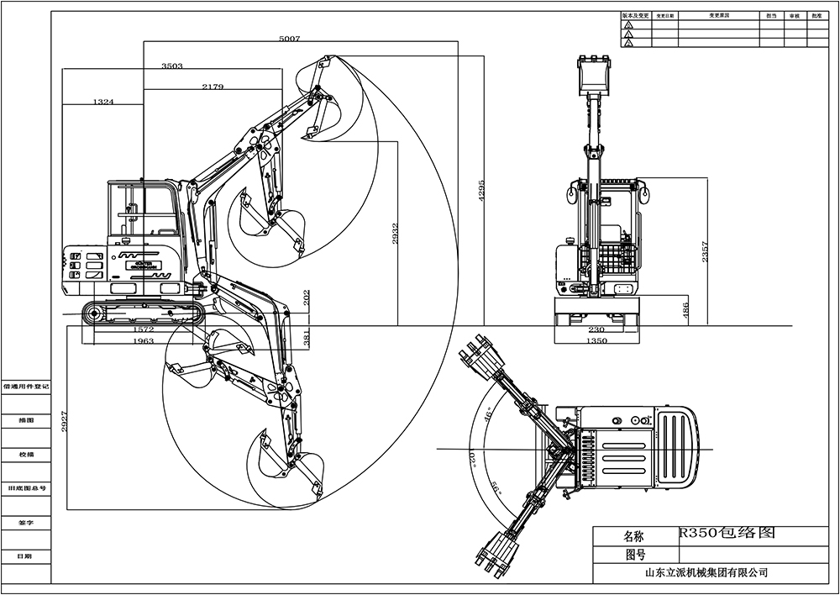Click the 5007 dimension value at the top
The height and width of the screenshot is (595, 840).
tap(289, 39)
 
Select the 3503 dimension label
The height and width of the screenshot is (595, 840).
tap(171, 66)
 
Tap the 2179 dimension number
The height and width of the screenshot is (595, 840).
tap(213, 87)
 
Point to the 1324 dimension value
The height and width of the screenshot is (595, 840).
tap(103, 102)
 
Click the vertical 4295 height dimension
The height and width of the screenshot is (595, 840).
tap(481, 190)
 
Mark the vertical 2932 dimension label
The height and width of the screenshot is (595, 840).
tap(396, 234)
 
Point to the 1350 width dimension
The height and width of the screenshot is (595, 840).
tap(596, 342)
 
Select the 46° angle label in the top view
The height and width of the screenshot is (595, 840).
tap(486, 414)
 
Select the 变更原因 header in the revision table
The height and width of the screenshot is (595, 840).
tap(718, 16)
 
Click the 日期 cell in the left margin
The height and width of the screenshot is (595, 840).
tap(25, 556)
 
